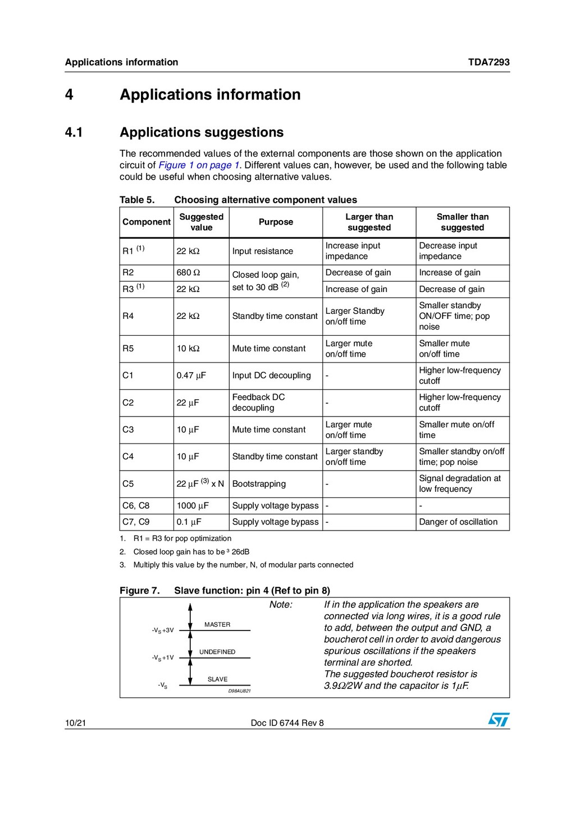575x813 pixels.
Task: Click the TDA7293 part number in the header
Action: click(x=489, y=62)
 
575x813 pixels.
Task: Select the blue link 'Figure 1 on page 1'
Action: click(x=199, y=165)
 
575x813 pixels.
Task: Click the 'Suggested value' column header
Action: click(x=201, y=222)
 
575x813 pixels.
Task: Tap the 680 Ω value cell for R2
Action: click(x=188, y=273)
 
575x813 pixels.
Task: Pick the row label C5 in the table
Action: click(x=129, y=484)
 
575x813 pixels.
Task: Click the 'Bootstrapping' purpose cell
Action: click(x=259, y=484)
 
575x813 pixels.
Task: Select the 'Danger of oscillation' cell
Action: click(x=458, y=522)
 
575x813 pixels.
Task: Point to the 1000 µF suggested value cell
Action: click(x=193, y=506)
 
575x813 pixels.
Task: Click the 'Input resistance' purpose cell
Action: click(x=263, y=252)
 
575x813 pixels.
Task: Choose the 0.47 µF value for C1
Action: click(x=191, y=376)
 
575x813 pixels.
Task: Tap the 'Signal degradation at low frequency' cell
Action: click(x=460, y=484)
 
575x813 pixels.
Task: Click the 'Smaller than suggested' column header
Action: click(x=462, y=222)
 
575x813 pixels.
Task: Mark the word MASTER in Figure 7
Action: click(x=217, y=625)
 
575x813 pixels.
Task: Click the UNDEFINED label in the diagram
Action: click(x=217, y=652)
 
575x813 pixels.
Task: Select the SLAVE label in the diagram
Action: click(x=217, y=679)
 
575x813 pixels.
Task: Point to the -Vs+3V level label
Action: click(x=163, y=631)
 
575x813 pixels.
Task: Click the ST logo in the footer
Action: click(x=498, y=720)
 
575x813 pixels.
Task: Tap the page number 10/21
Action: click(x=75, y=723)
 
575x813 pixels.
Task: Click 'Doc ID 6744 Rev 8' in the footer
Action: click(x=287, y=723)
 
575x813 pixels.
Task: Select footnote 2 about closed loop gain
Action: click(x=191, y=552)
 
